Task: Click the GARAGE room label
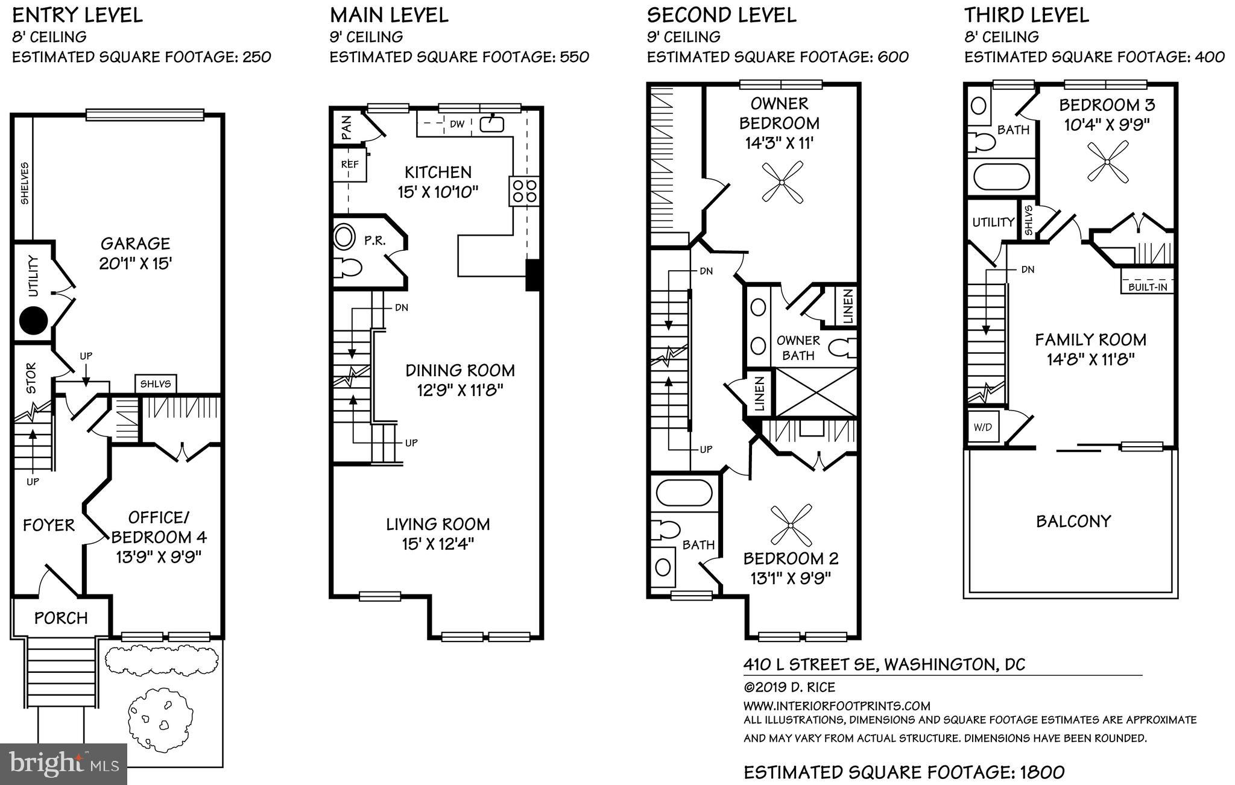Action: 135,244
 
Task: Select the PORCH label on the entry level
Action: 61,618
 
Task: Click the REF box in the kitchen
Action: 350,164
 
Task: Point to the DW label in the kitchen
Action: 457,124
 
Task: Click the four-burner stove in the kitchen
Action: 523,191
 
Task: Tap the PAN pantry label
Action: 346,128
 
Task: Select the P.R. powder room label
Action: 374,241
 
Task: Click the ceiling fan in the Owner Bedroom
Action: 782,181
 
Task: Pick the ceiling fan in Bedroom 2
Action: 791,524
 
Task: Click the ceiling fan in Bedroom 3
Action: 1108,162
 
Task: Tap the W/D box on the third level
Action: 982,427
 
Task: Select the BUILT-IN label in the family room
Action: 1148,287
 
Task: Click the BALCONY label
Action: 1073,521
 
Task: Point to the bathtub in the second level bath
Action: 684,493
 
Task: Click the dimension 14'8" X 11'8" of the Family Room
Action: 1090,359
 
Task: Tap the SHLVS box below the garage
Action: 156,384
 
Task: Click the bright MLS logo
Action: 64,764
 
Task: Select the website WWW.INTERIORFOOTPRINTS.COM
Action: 836,705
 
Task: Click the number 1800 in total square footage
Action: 1041,772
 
